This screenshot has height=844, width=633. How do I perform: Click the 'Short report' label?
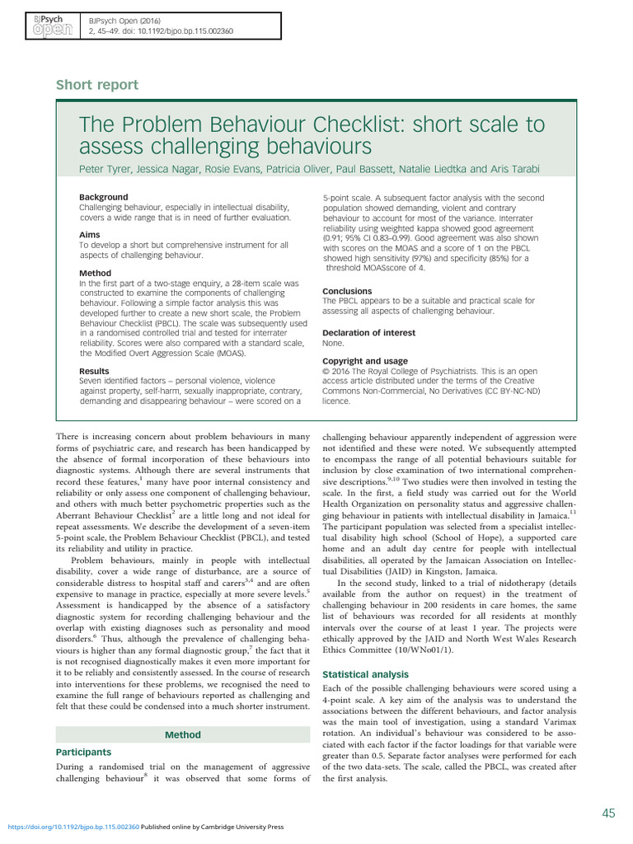click(x=97, y=85)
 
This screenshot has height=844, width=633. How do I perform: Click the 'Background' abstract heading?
click(x=103, y=198)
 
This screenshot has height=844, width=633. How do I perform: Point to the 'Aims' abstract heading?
click(x=90, y=236)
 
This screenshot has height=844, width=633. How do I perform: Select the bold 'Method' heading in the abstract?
click(x=95, y=273)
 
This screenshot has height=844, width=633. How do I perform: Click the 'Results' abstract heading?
click(x=95, y=372)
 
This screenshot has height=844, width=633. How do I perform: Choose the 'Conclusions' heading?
click(x=347, y=292)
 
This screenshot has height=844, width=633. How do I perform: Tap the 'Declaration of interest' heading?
click(x=368, y=333)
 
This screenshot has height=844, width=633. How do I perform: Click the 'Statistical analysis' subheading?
click(x=364, y=674)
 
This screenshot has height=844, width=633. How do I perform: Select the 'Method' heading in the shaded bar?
click(x=182, y=734)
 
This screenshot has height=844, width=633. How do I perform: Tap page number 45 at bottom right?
click(x=608, y=814)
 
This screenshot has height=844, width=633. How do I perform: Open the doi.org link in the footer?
click(x=73, y=826)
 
